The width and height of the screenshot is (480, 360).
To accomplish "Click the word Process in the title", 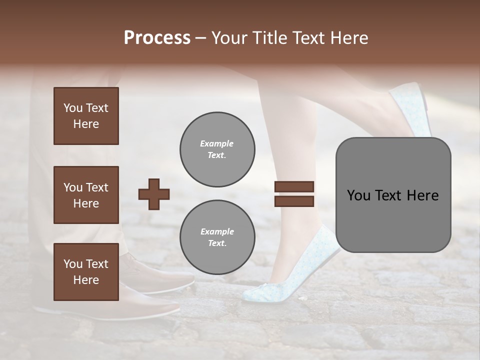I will pos(157,38).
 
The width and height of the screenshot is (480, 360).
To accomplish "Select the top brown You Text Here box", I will pos(86,116).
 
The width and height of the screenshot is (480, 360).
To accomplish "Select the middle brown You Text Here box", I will pos(86,195).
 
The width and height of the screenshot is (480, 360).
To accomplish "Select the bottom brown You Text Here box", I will pos(86,271).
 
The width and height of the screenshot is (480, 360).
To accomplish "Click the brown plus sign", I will pos(154,194).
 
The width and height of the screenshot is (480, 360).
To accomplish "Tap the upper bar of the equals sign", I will pos(294,186).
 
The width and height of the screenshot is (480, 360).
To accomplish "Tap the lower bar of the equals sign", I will pos(294,201).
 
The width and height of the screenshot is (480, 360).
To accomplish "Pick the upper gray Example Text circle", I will pos(217,149).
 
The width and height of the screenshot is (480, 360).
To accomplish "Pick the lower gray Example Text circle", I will pos(217,237).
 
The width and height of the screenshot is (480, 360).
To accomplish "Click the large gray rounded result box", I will pos(393,195).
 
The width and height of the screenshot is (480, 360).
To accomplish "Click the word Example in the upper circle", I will pos(216,144).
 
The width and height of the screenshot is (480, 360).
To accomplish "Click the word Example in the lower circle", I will pos(216,231).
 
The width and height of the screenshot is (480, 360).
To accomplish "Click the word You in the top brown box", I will pos(73,108).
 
